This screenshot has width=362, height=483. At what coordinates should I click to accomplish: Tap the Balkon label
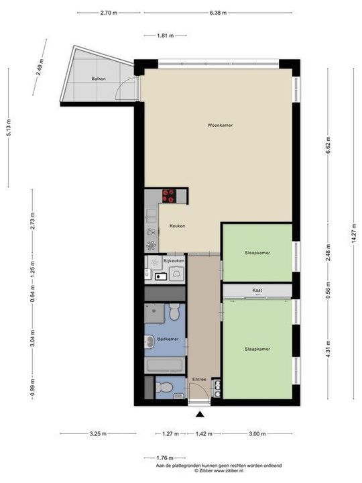point(99,80)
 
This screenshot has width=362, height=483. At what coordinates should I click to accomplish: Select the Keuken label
point(178,225)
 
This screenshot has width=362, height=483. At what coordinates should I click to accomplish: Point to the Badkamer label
point(167,339)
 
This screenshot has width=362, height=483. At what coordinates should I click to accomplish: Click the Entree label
point(199,380)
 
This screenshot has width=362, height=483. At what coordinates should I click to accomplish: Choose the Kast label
point(257,290)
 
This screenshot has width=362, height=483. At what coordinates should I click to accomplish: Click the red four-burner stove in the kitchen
point(168,195)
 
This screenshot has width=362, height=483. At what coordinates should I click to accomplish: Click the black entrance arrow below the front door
point(200,414)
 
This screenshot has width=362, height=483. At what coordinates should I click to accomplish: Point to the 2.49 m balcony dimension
point(41,67)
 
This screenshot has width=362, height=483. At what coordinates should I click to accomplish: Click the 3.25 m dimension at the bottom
point(98,434)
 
